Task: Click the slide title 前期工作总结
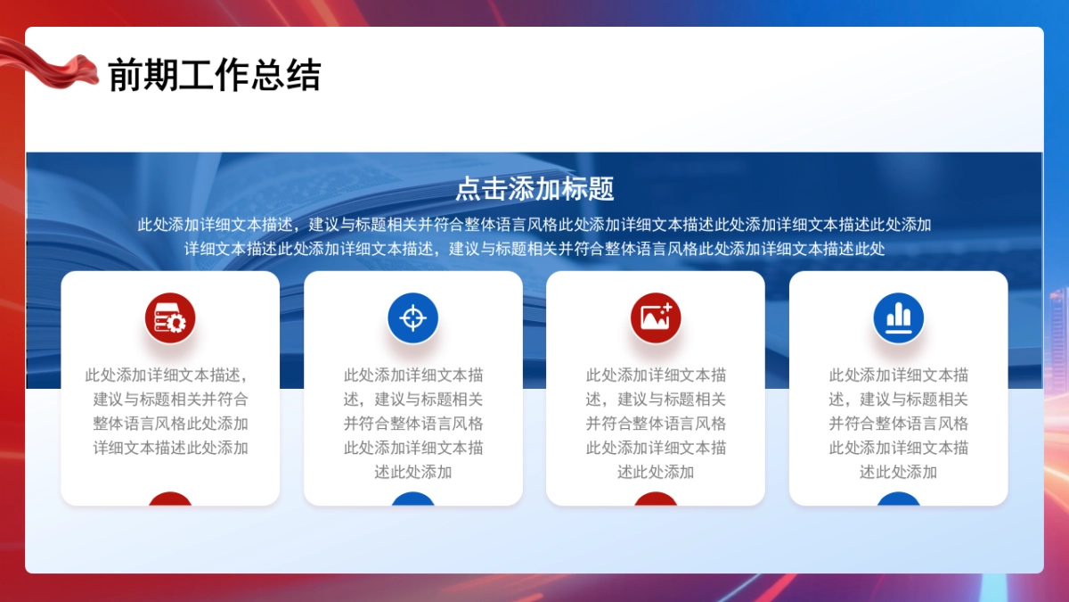pyautogui.click(x=215, y=75)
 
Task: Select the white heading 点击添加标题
pyautogui.click(x=534, y=188)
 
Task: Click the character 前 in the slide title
pyautogui.click(x=125, y=75)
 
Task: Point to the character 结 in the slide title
pyautogui.click(x=304, y=75)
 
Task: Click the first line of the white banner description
pyautogui.click(x=534, y=225)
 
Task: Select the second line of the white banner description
pyautogui.click(x=534, y=249)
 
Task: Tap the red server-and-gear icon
pyautogui.click(x=170, y=317)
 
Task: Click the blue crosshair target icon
pyautogui.click(x=412, y=317)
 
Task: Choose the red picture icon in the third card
pyautogui.click(x=656, y=317)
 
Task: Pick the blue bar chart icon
pyautogui.click(x=899, y=317)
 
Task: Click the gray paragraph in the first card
pyautogui.click(x=168, y=411)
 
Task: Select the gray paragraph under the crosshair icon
pyautogui.click(x=413, y=424)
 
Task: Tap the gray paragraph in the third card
pyautogui.click(x=656, y=424)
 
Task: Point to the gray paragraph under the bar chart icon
pyautogui.click(x=899, y=424)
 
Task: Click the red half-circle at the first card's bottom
pyautogui.click(x=170, y=499)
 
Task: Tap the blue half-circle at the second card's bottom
pyautogui.click(x=412, y=499)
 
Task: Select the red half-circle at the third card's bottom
pyautogui.click(x=656, y=499)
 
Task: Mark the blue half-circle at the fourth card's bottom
pyautogui.click(x=899, y=499)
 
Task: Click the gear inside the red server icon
pyautogui.click(x=176, y=324)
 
